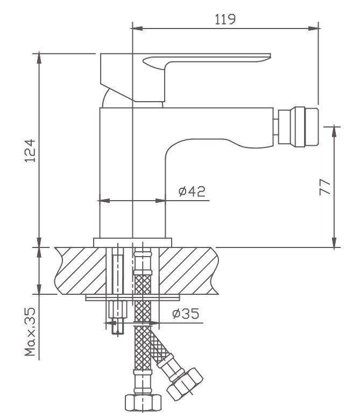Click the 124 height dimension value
pyautogui.click(x=31, y=150)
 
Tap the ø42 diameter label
pyautogui.click(x=191, y=192)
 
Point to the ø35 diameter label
pyautogui.click(x=186, y=314)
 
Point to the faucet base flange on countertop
pyautogui.click(x=132, y=243)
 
